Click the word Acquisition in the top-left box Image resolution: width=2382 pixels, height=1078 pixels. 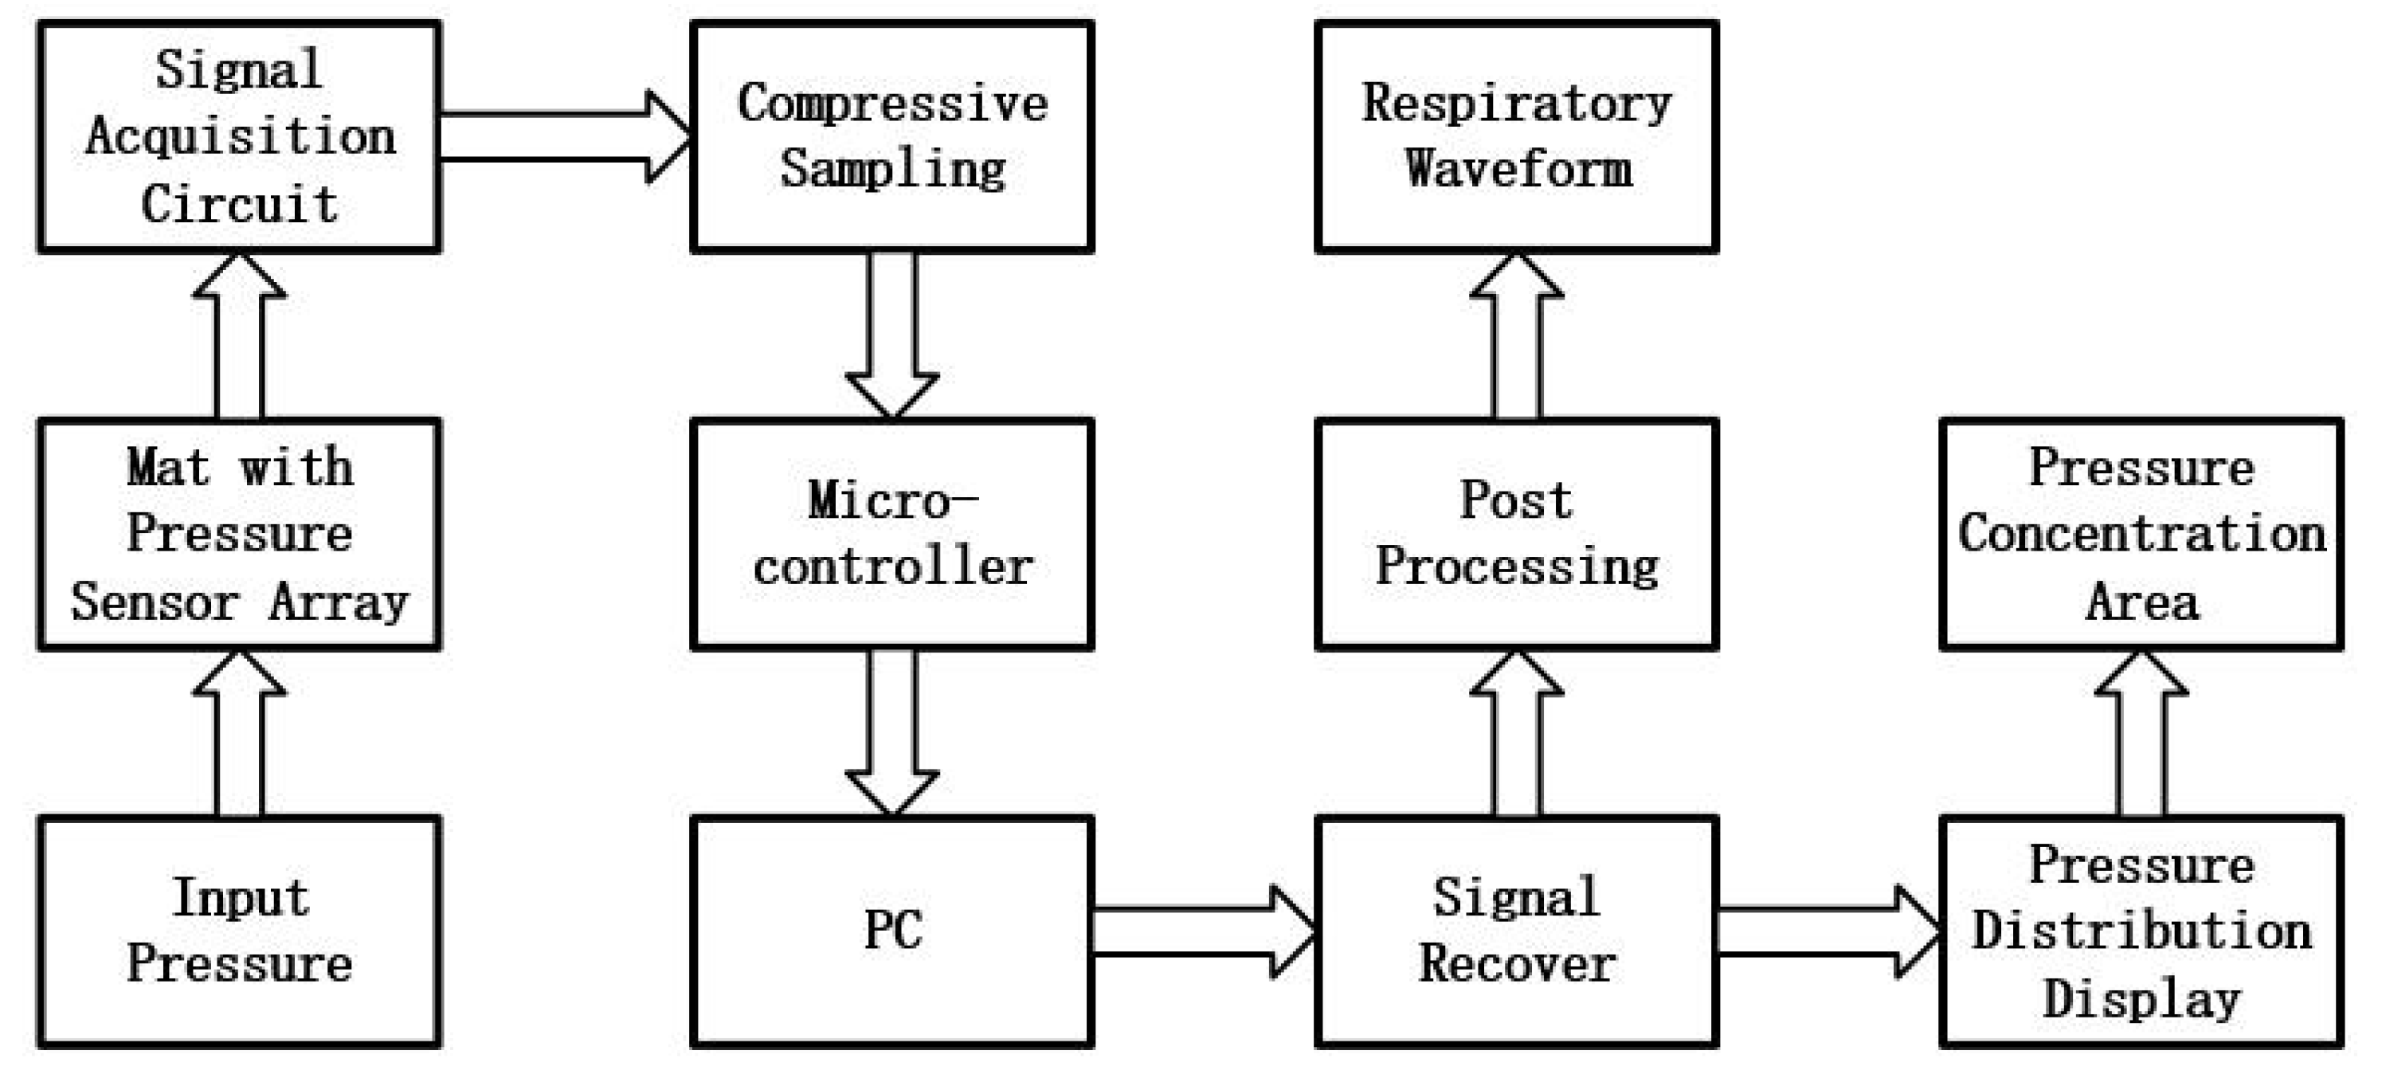point(241,138)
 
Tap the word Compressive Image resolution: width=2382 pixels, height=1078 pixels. point(892,104)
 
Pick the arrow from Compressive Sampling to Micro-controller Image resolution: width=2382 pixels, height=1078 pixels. point(892,334)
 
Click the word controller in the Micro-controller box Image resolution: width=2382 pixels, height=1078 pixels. point(892,567)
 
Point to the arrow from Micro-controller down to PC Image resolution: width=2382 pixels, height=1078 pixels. point(892,731)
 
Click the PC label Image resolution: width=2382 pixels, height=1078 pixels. point(892,930)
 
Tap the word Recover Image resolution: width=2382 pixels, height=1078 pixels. point(1517,964)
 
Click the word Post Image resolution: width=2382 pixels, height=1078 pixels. point(1517,501)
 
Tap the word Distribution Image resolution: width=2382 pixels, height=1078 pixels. point(2141,931)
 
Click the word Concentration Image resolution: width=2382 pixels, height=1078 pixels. point(2141,535)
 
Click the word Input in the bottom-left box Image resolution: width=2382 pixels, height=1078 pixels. point(241,898)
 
